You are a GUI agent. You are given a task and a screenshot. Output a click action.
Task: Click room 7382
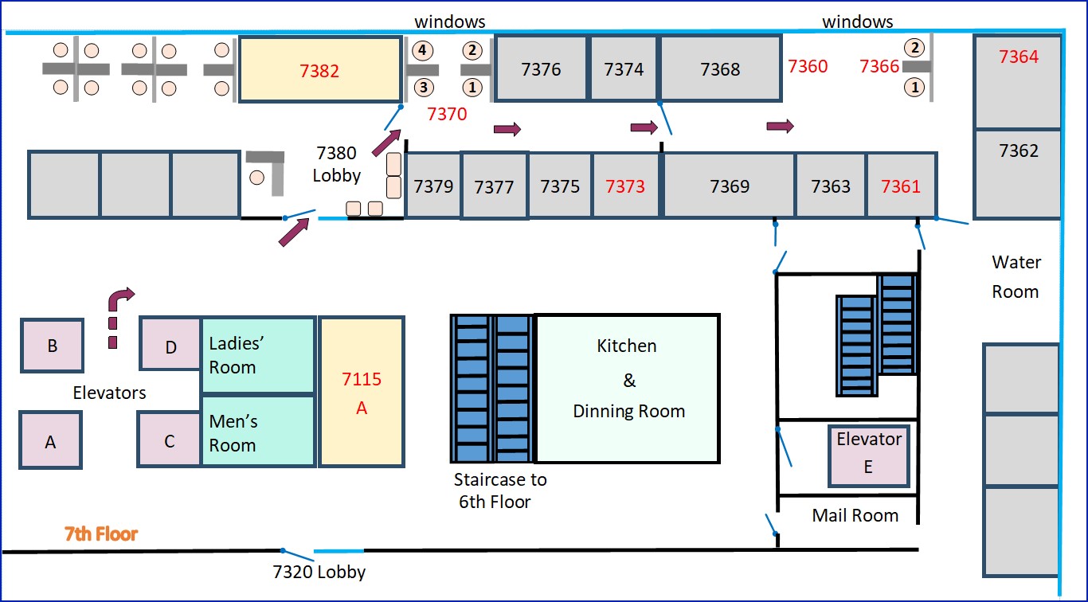click(x=319, y=70)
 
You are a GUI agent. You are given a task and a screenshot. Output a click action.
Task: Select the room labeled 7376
click(x=541, y=69)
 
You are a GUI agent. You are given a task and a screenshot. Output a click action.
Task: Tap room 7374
click(x=624, y=69)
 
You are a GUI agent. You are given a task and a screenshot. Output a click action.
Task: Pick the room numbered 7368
click(x=720, y=69)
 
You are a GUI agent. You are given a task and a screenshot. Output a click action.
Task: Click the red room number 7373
click(x=625, y=186)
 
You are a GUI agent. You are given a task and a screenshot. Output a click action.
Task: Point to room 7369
click(x=730, y=186)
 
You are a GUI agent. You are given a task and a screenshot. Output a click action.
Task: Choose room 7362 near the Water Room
click(x=1019, y=150)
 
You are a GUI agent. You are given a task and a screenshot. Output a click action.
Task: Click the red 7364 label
click(x=1019, y=57)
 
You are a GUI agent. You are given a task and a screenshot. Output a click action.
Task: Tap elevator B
click(x=53, y=346)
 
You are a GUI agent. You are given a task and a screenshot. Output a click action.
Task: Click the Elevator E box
click(x=868, y=454)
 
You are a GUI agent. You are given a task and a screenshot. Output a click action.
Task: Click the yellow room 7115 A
click(x=361, y=393)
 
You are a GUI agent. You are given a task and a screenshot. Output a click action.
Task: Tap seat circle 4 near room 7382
click(x=422, y=51)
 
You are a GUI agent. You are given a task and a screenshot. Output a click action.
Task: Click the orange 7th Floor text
click(x=101, y=534)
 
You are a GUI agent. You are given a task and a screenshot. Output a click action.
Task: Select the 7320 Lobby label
click(x=319, y=572)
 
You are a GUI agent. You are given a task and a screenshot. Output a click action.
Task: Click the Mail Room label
click(x=855, y=515)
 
